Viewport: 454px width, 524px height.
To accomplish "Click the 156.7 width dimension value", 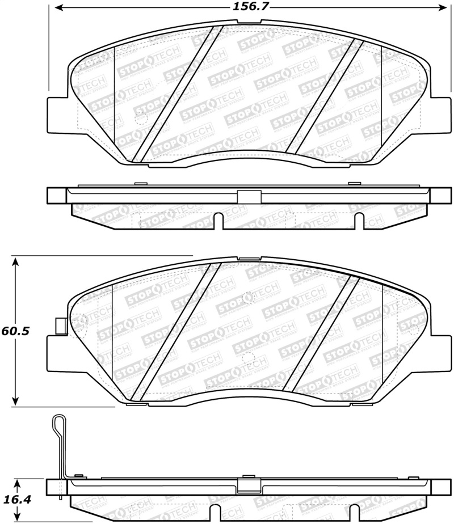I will tap(248, 7).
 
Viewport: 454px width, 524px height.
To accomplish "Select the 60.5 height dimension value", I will tap(15, 331).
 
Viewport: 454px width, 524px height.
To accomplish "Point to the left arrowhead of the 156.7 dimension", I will tap(56, 8).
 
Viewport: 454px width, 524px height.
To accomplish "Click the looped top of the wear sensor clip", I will tap(57, 422).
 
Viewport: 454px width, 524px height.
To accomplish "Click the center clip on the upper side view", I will tap(249, 196).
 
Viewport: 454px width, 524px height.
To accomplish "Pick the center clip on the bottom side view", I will tap(249, 486).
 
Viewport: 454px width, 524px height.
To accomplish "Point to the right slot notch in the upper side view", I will tap(359, 221).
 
